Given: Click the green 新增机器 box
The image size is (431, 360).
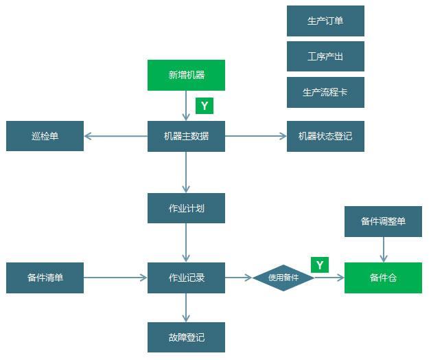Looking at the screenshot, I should click(x=186, y=75).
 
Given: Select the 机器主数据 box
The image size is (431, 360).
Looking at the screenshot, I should click(x=186, y=136).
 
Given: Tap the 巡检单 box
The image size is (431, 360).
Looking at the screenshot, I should click(x=45, y=136).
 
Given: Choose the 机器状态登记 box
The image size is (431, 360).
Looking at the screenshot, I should click(x=325, y=136).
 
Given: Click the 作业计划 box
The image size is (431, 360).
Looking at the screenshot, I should click(x=186, y=208).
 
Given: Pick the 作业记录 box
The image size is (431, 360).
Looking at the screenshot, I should click(x=186, y=278).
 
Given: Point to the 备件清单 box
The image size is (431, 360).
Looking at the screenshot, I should click(x=45, y=278).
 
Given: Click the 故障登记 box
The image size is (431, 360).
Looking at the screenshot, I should click(x=186, y=337).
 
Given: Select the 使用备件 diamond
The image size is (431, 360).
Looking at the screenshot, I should click(x=283, y=278).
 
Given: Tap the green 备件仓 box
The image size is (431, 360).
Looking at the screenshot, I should click(x=383, y=278).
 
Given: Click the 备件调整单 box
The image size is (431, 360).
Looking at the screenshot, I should click(x=383, y=221).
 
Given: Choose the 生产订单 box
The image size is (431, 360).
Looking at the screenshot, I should click(x=325, y=21).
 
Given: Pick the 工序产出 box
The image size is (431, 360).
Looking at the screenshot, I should click(x=325, y=56).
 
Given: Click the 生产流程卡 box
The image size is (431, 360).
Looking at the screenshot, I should click(x=325, y=92).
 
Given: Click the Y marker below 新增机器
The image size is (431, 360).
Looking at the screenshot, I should click(x=205, y=106).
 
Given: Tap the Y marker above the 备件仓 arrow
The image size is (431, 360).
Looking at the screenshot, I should click(x=320, y=265).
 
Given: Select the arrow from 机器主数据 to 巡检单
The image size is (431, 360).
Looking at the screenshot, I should click(x=115, y=136).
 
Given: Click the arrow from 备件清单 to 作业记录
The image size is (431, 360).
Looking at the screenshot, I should click(x=115, y=278).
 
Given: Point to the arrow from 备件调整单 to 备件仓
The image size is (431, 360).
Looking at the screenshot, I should click(x=383, y=249).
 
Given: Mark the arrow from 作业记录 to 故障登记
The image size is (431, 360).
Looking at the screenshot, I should click(x=186, y=308).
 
